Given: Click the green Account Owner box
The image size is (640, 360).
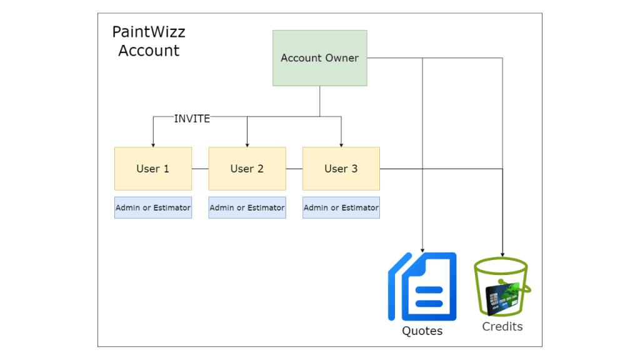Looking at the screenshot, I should pyautogui.click(x=319, y=58).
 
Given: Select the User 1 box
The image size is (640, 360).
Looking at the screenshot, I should pyautogui.click(x=153, y=169).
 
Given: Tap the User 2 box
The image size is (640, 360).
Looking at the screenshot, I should pyautogui.click(x=247, y=169).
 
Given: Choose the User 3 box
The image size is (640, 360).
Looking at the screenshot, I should pyautogui.click(x=341, y=169).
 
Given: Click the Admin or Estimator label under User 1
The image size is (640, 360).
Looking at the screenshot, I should pyautogui.click(x=153, y=207).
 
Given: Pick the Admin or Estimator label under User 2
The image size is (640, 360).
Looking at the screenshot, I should pyautogui.click(x=247, y=207).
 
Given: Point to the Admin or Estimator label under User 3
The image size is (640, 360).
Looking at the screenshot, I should pyautogui.click(x=341, y=207).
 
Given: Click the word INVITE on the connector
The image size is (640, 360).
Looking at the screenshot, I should pyautogui.click(x=192, y=119).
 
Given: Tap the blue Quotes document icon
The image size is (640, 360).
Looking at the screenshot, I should pyautogui.click(x=422, y=286).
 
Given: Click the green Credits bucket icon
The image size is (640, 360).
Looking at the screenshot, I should pyautogui.click(x=502, y=287).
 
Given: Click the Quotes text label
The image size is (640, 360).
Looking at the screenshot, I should pyautogui.click(x=422, y=331).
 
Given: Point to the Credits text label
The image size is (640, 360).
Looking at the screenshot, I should pyautogui.click(x=502, y=326).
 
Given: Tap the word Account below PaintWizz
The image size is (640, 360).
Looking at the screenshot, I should pyautogui.click(x=149, y=51).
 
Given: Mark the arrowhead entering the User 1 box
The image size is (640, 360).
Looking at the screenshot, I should pyautogui.click(x=153, y=144).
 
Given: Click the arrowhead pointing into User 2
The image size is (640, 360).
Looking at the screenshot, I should pyautogui.click(x=247, y=144).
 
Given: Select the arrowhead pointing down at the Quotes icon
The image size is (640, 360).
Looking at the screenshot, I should pyautogui.click(x=423, y=249).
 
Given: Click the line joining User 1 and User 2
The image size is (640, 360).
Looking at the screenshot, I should pyautogui.click(x=200, y=169).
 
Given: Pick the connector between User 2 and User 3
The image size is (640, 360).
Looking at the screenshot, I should pyautogui.click(x=294, y=169).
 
